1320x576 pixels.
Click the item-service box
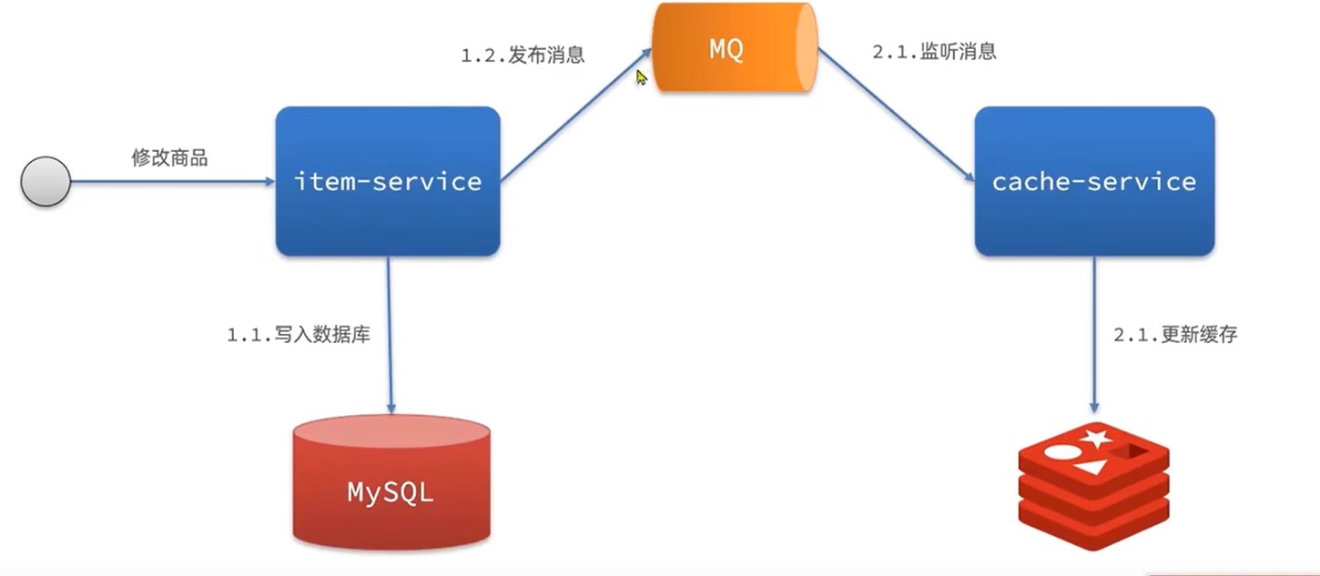point(388,181)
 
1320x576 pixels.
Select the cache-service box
point(1094,181)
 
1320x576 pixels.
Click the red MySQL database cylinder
point(391,482)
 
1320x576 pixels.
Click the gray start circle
point(46,181)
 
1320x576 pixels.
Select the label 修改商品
point(169,158)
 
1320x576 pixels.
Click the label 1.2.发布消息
point(523,55)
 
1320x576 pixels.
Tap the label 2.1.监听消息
point(934,52)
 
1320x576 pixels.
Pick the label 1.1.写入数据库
point(299,335)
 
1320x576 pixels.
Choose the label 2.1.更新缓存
point(1175,335)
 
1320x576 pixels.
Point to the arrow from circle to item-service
point(173,182)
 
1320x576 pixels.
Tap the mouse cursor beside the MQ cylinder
point(642,78)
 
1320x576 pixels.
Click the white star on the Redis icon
point(1095,440)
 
